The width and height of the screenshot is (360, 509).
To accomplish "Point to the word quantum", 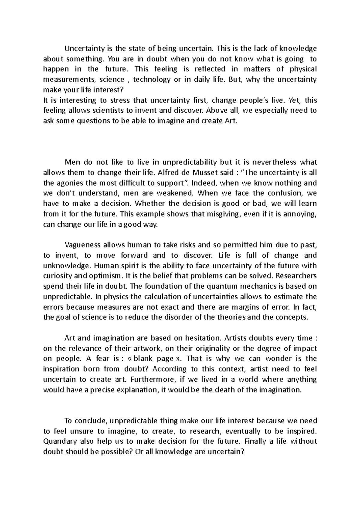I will click(x=220, y=286).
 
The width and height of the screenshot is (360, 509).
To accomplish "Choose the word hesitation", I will click(x=202, y=338).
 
